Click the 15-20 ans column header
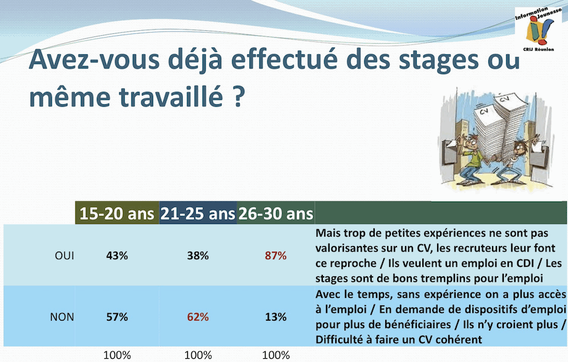pos(117,213)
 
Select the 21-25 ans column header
pos(198,213)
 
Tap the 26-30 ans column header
pos(276,213)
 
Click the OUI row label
pos(64,255)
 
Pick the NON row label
pos(62,317)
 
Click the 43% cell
pos(117,255)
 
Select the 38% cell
pos(198,255)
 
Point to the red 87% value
pos(276,255)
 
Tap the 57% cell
pos(117,317)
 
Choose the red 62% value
pos(198,317)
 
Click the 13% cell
pos(276,317)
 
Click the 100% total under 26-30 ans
pos(276,355)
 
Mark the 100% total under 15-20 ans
pos(117,355)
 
